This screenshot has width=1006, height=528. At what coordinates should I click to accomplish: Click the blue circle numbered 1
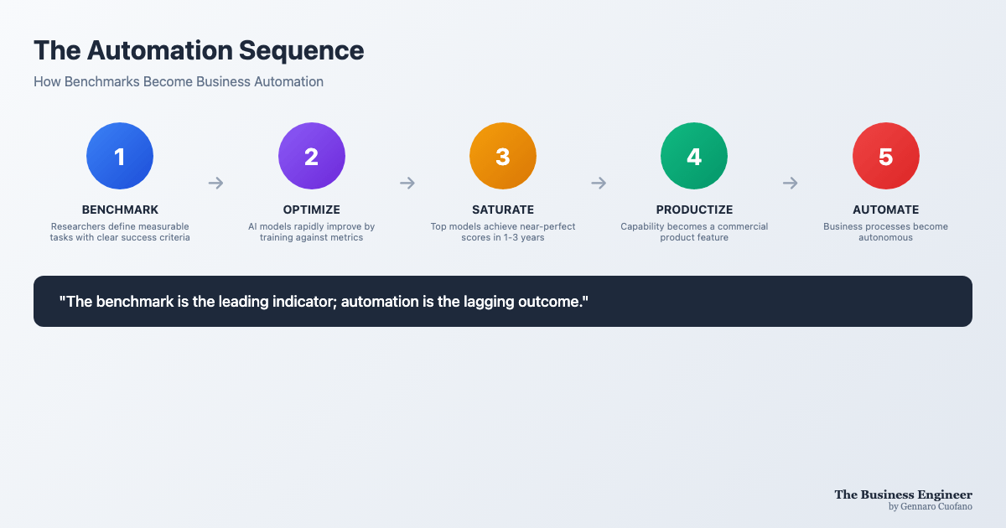pyautogui.click(x=120, y=156)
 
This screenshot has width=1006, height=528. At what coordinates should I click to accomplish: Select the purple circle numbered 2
pyautogui.click(x=312, y=156)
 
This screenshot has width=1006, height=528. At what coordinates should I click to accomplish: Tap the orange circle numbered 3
pyautogui.click(x=503, y=156)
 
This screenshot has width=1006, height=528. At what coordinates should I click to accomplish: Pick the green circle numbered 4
pyautogui.click(x=694, y=156)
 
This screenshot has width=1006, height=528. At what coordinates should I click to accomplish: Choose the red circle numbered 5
pyautogui.click(x=885, y=156)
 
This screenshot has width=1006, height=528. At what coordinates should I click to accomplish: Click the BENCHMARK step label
pyautogui.click(x=120, y=210)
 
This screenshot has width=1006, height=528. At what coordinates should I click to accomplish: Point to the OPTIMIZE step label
pyautogui.click(x=312, y=210)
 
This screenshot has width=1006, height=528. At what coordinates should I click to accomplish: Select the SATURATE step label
pyautogui.click(x=503, y=210)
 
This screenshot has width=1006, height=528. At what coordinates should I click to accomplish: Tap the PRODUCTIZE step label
pyautogui.click(x=694, y=210)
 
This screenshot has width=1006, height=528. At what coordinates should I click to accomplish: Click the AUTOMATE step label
pyautogui.click(x=885, y=210)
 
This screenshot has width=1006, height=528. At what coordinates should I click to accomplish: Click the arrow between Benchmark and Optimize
pyautogui.click(x=216, y=183)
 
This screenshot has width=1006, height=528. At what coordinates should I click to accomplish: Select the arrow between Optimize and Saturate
pyautogui.click(x=407, y=183)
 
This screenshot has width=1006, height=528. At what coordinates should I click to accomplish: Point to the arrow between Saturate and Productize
pyautogui.click(x=599, y=183)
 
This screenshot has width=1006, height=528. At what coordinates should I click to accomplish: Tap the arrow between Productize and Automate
pyautogui.click(x=790, y=183)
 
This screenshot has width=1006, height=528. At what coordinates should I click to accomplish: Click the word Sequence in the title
pyautogui.click(x=301, y=51)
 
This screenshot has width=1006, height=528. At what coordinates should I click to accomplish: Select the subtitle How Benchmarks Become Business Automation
pyautogui.click(x=179, y=82)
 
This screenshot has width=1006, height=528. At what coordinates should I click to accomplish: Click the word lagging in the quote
pyautogui.click(x=489, y=303)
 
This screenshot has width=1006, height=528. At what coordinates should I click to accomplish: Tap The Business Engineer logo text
pyautogui.click(x=903, y=494)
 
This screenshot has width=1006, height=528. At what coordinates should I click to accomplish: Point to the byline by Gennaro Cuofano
pyautogui.click(x=930, y=506)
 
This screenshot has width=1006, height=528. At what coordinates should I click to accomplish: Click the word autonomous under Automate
pyautogui.click(x=885, y=237)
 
